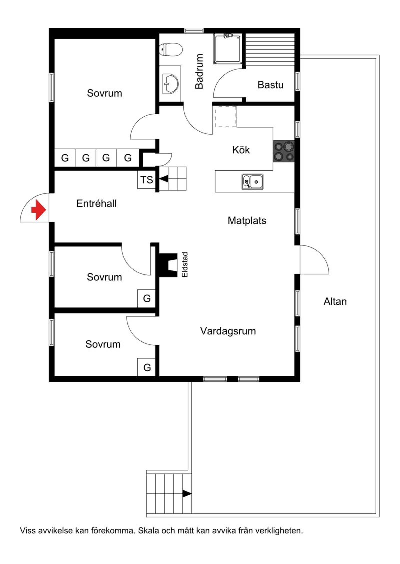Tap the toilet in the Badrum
point(171,50)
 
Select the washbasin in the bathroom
point(171,84)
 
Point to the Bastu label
point(271,85)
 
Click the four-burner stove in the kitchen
point(284,151)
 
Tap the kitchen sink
point(252,181)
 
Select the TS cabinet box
point(147,180)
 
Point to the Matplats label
point(247,221)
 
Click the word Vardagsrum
point(228,331)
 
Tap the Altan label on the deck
point(335,302)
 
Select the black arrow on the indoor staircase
point(164,179)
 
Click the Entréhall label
point(96,204)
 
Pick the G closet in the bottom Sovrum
point(147,368)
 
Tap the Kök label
point(241,150)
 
